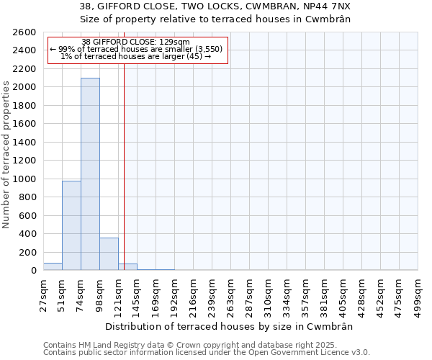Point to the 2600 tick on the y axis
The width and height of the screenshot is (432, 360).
click(x=25, y=32)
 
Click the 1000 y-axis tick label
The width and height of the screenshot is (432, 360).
click(x=25, y=179)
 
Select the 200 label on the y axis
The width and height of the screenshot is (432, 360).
click(x=28, y=252)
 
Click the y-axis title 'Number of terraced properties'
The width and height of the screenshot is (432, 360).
click(x=7, y=155)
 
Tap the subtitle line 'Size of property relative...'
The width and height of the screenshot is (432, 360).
click(x=215, y=19)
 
